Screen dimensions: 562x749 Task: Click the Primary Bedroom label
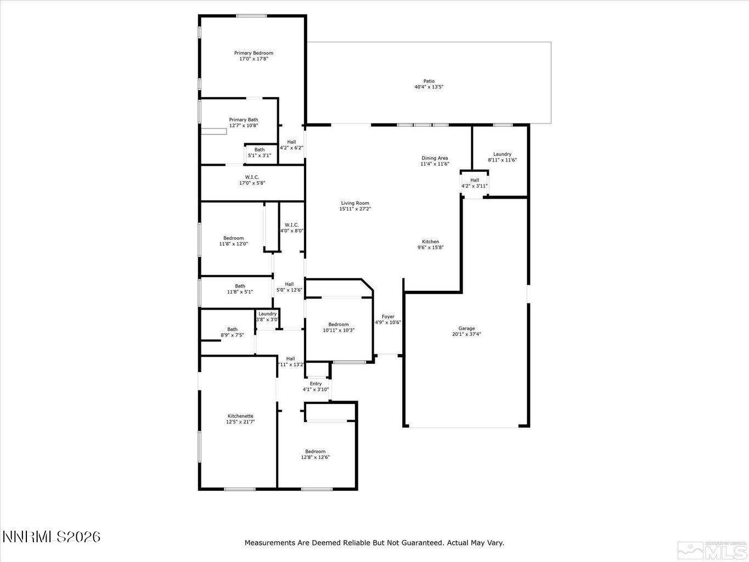[254, 53]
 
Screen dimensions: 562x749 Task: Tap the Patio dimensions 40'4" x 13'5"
[429, 87]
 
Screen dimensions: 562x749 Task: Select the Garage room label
[466, 328]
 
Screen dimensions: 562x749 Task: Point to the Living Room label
[355, 203]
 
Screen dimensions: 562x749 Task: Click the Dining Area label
[435, 158]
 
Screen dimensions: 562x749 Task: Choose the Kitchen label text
[430, 241]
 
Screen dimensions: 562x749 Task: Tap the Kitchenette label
[240, 416]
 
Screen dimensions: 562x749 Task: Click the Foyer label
[388, 317]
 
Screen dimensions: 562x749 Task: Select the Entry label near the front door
[316, 384]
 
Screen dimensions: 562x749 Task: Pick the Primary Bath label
[244, 120]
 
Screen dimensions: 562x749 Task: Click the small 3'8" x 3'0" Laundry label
[268, 317]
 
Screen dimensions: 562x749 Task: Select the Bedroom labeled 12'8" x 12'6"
[315, 454]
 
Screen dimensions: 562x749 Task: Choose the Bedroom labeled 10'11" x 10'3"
[339, 327]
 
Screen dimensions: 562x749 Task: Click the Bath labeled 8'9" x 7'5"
[233, 332]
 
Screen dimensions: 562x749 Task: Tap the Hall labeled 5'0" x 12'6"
[289, 287]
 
